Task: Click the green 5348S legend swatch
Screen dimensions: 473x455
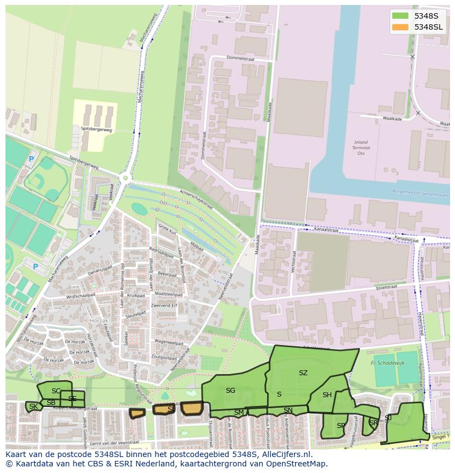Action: (x=401, y=16)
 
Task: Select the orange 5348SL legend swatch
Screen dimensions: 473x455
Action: (x=401, y=27)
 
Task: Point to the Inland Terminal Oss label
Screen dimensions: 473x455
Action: (x=361, y=148)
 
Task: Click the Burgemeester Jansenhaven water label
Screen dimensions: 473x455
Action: (x=420, y=194)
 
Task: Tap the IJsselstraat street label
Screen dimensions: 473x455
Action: (x=386, y=287)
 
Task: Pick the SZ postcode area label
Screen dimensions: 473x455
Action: (x=303, y=373)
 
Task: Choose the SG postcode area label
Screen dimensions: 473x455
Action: (x=230, y=391)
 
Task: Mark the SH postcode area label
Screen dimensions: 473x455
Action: (x=327, y=395)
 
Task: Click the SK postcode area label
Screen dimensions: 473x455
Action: (x=34, y=407)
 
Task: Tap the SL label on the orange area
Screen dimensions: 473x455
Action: (x=171, y=409)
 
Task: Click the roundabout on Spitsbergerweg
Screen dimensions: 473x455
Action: (x=126, y=177)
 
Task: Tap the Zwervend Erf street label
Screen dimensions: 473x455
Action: (x=164, y=305)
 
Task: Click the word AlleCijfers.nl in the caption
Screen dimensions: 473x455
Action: (x=285, y=454)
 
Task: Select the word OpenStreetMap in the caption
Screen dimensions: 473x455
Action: (x=296, y=464)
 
